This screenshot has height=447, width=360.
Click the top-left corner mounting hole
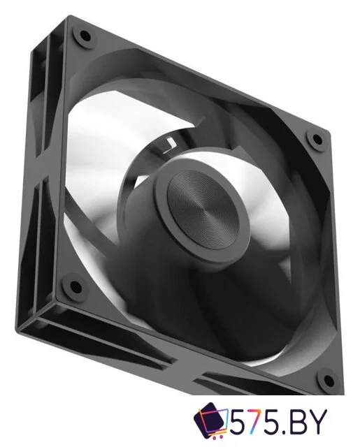[x=85, y=36]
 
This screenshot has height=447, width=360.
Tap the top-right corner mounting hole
[x=317, y=139]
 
